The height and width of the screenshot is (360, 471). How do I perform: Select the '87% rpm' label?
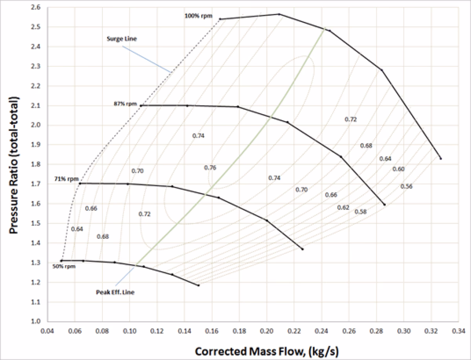point(125,104)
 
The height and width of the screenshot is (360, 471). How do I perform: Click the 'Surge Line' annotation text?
point(119,39)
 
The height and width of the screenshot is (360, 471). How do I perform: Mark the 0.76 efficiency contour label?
point(210,168)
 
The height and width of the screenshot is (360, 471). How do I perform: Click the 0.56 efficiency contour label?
point(406,186)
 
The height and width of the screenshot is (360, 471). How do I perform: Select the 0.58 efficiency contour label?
point(361,212)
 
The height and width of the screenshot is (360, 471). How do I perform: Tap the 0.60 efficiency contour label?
point(398,169)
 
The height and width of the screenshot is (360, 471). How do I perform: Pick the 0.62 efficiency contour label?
point(343,207)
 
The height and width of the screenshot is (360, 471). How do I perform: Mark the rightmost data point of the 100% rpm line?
point(441,159)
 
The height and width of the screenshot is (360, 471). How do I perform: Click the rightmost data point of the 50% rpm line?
point(199,285)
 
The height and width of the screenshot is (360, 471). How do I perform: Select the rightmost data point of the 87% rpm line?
point(385,205)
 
